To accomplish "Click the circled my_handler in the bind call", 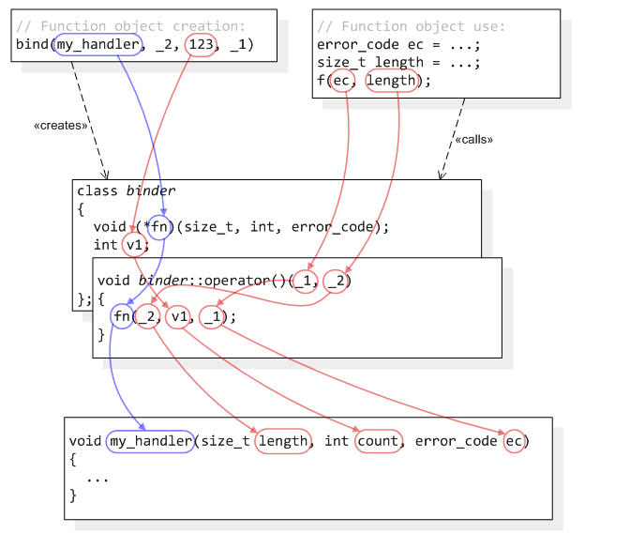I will pos(98,44).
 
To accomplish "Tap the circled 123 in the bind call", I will pos(201,44).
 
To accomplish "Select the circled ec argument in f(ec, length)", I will pos(343,81).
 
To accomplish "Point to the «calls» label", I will pos(474,139).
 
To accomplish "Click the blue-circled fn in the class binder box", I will pos(161,226).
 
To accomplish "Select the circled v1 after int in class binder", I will pos(136,245).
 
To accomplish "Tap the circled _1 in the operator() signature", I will pos(304,281).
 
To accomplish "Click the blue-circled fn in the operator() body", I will pos(122,316).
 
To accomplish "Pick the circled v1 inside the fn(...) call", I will pos(178,316).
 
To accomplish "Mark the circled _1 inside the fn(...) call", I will pos(212,316).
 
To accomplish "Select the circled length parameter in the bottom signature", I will pos(282,440).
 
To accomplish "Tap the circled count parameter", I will pos(378,440).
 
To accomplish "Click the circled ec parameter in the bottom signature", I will pos(515,440).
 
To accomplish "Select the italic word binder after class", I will pos(151,191).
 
